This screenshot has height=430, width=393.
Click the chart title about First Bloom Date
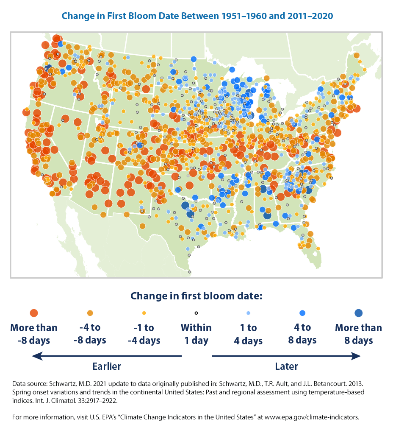[x=197, y=16]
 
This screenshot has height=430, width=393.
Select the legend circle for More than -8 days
[x=34, y=313]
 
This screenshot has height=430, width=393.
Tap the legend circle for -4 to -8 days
[x=89, y=313]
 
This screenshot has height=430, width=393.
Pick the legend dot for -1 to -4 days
[x=144, y=313]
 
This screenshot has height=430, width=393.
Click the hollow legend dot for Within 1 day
[x=196, y=313]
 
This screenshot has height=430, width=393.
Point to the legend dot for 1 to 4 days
[x=248, y=313]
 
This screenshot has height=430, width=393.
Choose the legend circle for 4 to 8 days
[x=302, y=313]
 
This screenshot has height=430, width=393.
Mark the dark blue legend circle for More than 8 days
[x=358, y=313]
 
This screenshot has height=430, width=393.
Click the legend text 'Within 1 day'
[x=196, y=334]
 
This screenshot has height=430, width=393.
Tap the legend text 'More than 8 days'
[x=358, y=334]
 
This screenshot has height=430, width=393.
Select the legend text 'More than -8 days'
[x=34, y=334]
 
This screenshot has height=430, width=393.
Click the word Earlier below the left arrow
[x=107, y=366]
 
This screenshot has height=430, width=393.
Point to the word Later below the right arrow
[x=286, y=366]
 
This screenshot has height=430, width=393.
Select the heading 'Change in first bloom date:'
[x=196, y=296]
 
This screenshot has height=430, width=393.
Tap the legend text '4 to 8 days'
[x=302, y=334]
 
